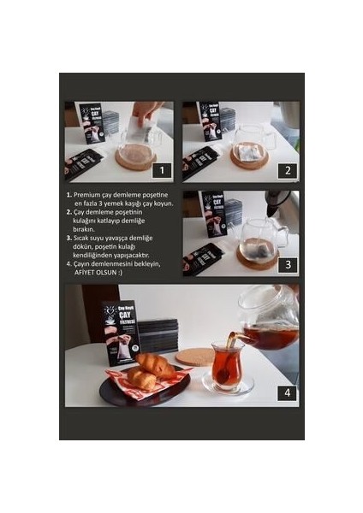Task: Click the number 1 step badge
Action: tap(159, 169)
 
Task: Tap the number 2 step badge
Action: tap(288, 169)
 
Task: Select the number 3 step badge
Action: tap(288, 264)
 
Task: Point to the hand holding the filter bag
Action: tap(146, 112)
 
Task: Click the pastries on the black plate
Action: tap(146, 369)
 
